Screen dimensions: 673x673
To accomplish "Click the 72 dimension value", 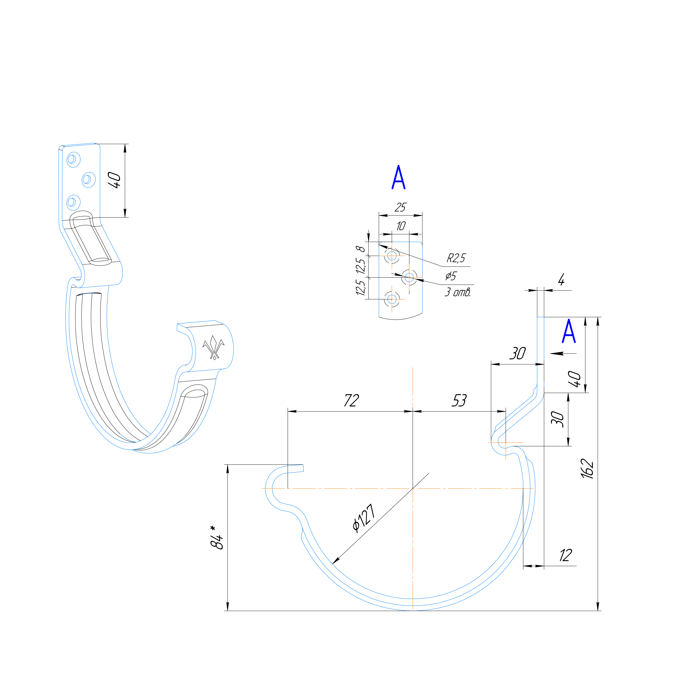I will coord(351,401).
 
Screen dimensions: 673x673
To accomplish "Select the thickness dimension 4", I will coord(561,280).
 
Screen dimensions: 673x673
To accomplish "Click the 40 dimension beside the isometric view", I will coord(115,180).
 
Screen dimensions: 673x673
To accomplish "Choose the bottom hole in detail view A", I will coord(392,299).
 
